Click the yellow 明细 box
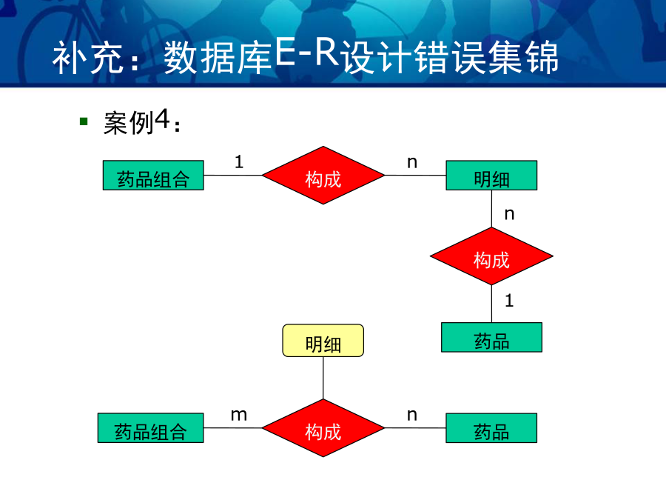coord(323,341)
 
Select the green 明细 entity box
coord(491,175)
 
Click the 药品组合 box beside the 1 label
coord(153,175)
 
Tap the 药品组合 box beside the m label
coord(151,427)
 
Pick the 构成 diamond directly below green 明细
coord(491,256)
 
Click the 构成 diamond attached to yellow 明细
coord(323,427)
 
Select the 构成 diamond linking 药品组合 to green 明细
coord(323,175)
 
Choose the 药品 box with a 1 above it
coord(491,337)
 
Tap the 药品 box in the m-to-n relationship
coord(491,427)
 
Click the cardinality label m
coord(239,415)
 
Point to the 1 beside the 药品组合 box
coord(239,161)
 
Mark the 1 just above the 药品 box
coord(509,301)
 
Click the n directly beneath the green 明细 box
coord(509,214)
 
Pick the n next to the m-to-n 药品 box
coord(412,415)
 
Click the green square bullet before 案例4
coord(84,122)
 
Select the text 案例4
coord(137,122)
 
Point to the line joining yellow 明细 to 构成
coord(323,378)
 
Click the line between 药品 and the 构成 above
coord(492,304)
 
